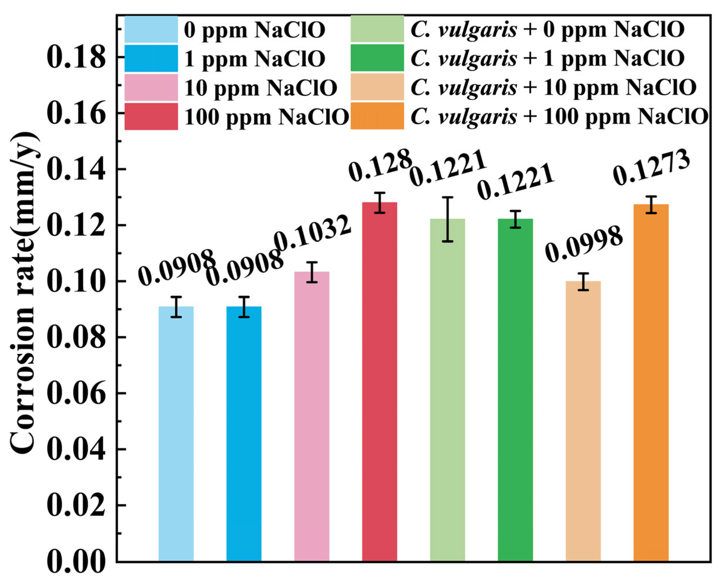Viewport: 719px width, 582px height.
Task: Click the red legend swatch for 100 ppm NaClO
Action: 151,116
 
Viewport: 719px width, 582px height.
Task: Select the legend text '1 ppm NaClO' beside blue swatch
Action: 255,58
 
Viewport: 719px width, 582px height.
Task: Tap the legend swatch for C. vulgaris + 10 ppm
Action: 377,87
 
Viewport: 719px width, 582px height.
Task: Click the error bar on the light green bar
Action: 447,219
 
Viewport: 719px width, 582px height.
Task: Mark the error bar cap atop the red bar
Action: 380,193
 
